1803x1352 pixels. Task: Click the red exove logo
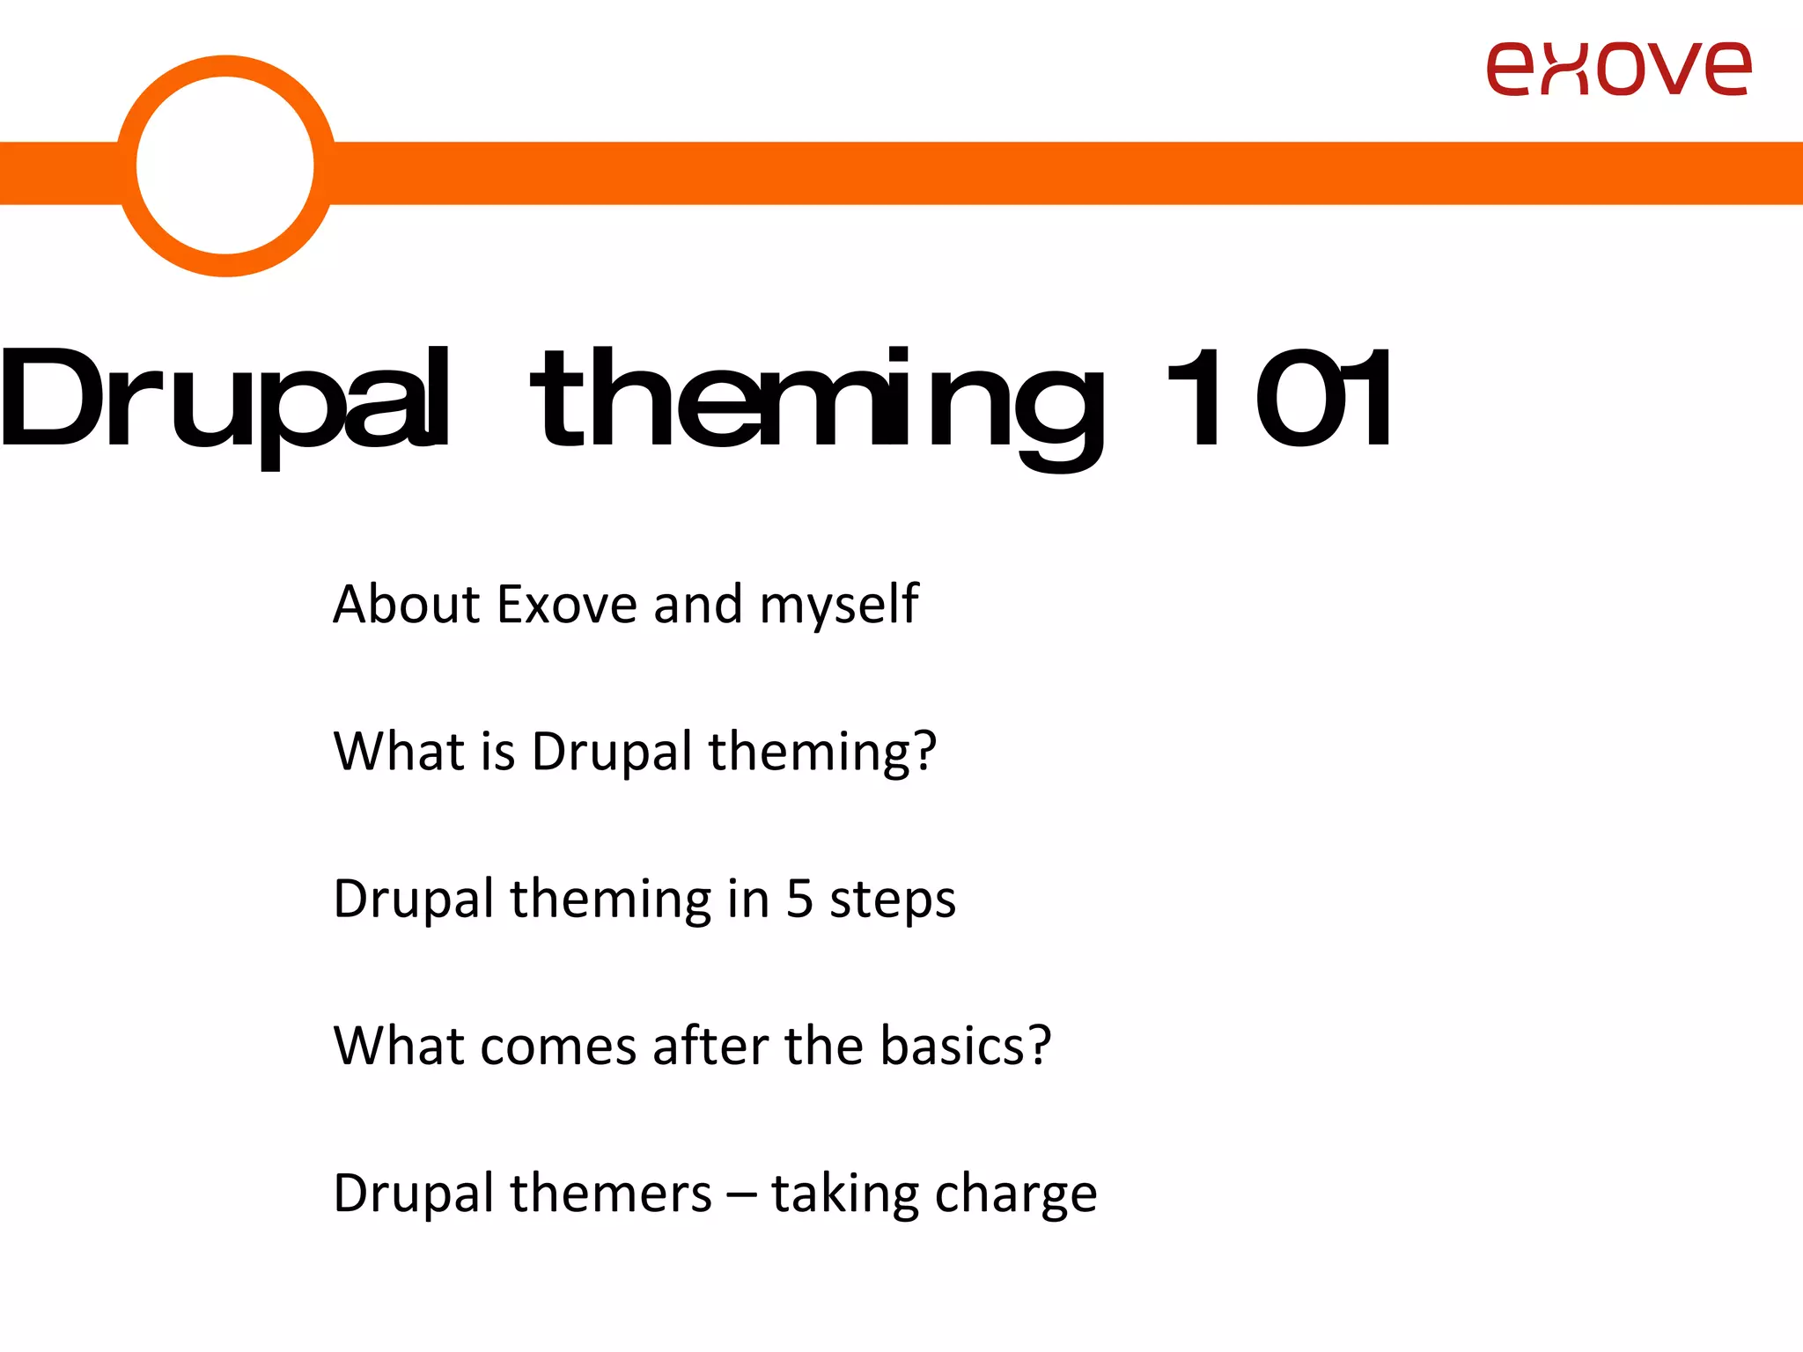click(x=1618, y=69)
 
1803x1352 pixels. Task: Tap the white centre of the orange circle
click(x=225, y=165)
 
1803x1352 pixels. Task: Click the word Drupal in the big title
click(x=224, y=400)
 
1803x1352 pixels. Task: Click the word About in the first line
click(x=405, y=605)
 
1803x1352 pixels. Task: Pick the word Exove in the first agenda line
click(x=566, y=605)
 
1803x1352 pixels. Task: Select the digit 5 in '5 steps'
click(x=798, y=899)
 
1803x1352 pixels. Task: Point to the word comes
click(x=558, y=1047)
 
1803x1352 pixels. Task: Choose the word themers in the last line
click(x=610, y=1194)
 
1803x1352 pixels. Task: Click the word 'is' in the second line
click(x=497, y=752)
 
